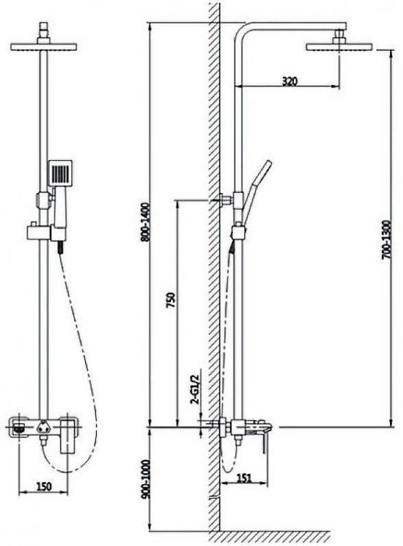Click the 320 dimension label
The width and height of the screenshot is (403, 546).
click(x=290, y=82)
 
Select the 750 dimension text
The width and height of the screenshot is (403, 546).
click(x=171, y=300)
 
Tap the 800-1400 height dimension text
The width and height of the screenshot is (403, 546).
click(x=145, y=222)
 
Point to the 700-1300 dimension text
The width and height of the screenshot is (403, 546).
click(x=386, y=240)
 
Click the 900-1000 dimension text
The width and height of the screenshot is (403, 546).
click(x=145, y=479)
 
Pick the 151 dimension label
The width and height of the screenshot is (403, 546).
click(x=244, y=478)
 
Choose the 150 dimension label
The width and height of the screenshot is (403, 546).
click(x=44, y=486)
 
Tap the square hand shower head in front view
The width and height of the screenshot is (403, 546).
click(x=60, y=173)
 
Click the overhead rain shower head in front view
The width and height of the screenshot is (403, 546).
click(x=44, y=47)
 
